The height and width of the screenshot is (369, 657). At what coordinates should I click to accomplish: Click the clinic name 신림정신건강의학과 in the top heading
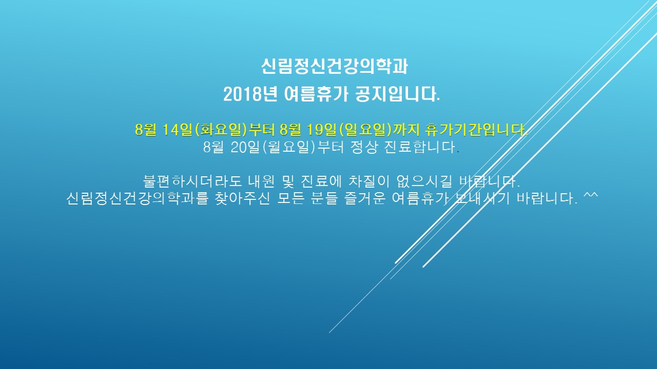(x=334, y=67)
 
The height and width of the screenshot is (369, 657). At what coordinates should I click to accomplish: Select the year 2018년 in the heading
(x=250, y=94)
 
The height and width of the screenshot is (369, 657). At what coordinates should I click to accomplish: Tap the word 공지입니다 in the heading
(x=397, y=94)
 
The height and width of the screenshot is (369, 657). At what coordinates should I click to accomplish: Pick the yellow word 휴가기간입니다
(x=476, y=130)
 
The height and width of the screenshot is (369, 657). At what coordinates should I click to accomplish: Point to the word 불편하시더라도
(x=192, y=181)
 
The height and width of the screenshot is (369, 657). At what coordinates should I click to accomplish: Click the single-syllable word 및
(x=288, y=181)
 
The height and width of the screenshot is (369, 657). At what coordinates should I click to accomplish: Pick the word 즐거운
(x=365, y=198)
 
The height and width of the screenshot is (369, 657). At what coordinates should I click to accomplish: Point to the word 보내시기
(x=481, y=198)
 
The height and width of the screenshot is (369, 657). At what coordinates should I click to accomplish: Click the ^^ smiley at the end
(x=591, y=195)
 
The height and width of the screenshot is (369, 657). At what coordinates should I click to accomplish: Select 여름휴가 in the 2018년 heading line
(x=316, y=94)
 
